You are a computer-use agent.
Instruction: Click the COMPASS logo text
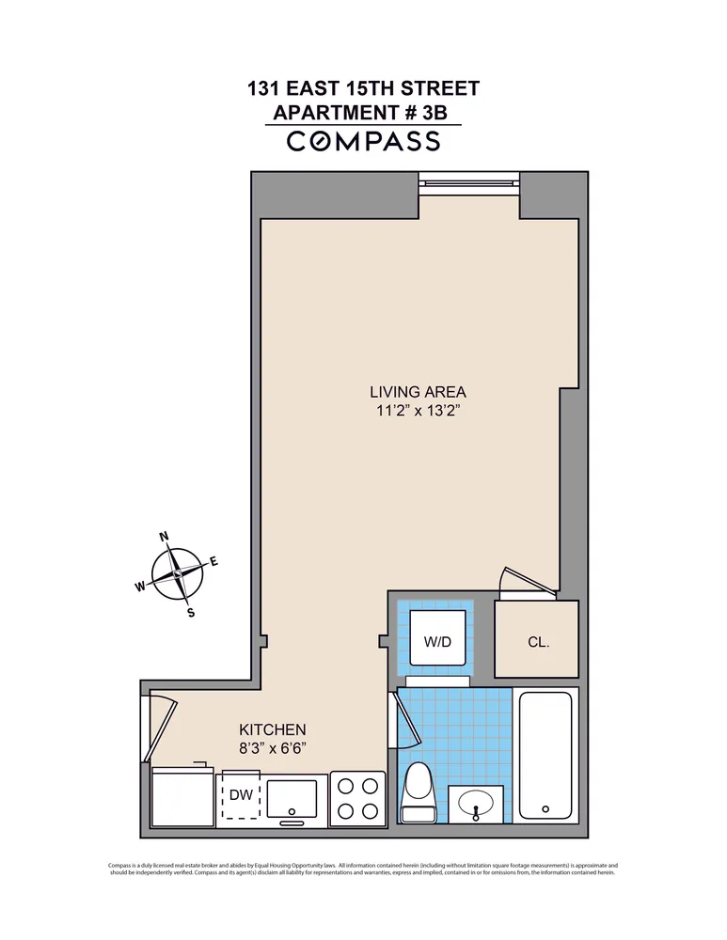(x=363, y=141)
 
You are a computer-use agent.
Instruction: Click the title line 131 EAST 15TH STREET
(x=363, y=89)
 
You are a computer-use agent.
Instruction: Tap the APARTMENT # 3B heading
(x=363, y=113)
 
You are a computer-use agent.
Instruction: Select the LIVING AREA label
(x=418, y=392)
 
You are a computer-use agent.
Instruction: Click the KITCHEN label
(x=272, y=729)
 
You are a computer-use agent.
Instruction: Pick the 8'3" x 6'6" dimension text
(x=272, y=748)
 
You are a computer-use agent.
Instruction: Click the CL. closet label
(x=537, y=643)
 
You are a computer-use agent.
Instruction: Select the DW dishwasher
(x=242, y=795)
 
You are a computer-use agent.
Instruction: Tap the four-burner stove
(x=357, y=798)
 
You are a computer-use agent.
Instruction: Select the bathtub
(x=546, y=758)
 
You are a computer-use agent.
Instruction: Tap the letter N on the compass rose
(x=165, y=537)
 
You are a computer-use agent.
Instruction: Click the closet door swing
(x=528, y=584)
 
